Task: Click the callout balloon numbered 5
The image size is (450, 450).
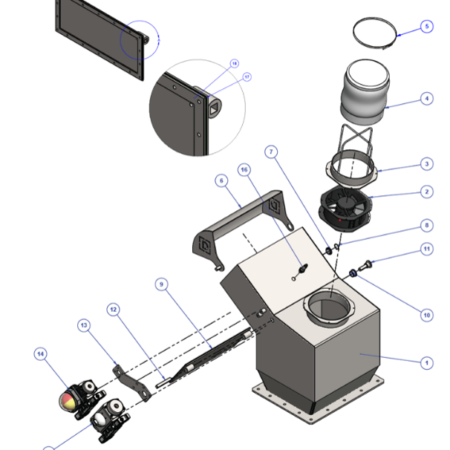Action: [426, 27]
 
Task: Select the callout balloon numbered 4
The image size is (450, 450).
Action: [426, 98]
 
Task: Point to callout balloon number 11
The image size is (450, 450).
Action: [426, 249]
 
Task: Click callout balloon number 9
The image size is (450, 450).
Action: [163, 284]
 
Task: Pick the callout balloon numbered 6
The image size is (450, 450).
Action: [221, 180]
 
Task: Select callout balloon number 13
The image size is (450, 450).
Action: [84, 325]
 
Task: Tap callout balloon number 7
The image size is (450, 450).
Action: [273, 152]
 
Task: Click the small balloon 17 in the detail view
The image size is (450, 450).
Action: [247, 76]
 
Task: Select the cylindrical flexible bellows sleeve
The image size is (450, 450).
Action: [364, 93]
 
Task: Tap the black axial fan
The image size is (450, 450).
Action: [344, 207]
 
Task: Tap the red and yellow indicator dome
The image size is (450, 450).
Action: [68, 400]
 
